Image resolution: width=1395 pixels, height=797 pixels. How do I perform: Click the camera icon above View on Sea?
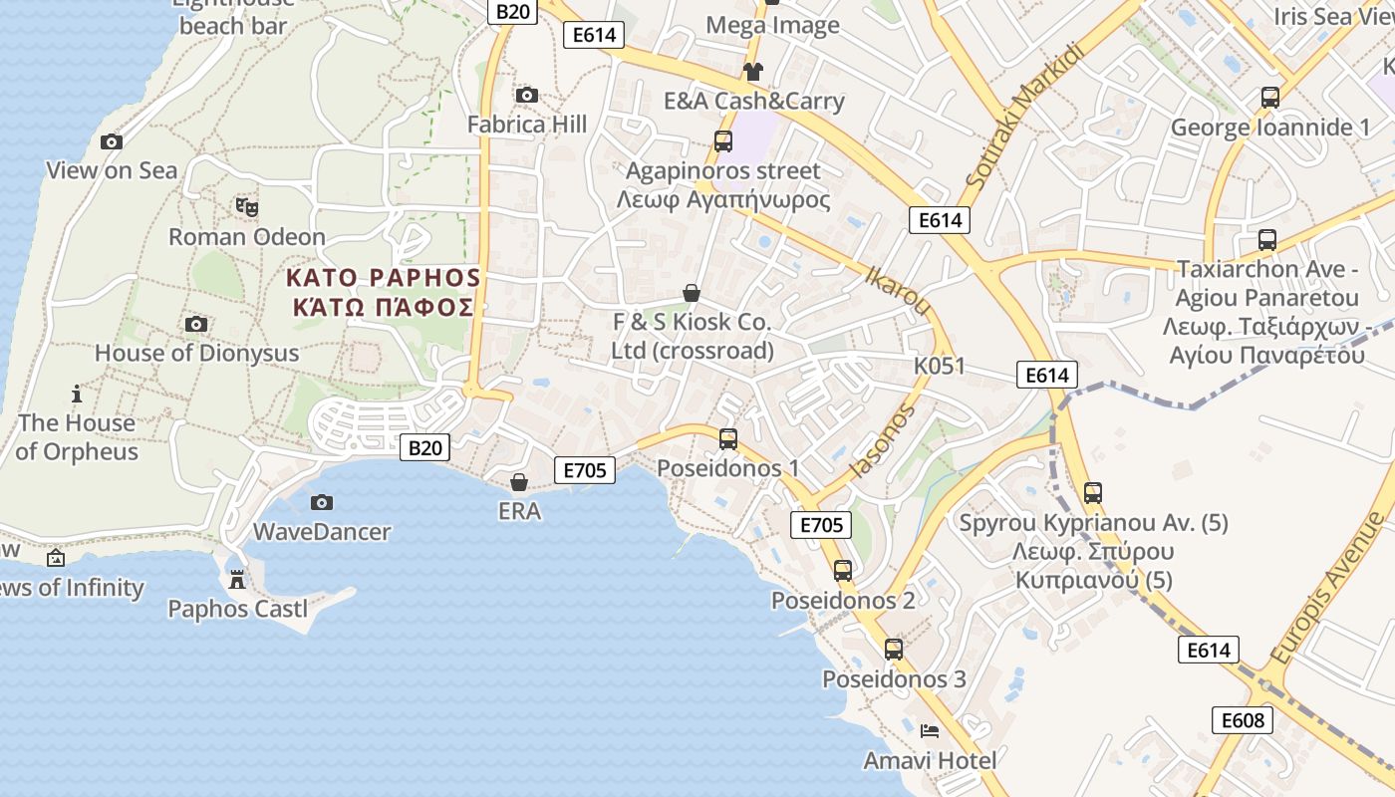coord(112,142)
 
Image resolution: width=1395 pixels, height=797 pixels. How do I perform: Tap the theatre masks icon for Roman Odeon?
coord(247,207)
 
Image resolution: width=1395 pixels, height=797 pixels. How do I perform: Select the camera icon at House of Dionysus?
coord(196,325)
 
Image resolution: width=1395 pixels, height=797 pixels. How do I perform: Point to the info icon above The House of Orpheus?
coord(76,394)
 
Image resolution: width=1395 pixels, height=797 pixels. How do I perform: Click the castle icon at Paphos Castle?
coord(237,579)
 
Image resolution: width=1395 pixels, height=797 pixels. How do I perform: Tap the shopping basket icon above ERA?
coord(519,483)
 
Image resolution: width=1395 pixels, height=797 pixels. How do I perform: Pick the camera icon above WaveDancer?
coord(321,503)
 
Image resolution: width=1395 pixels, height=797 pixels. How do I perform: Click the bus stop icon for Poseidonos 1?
coord(728,439)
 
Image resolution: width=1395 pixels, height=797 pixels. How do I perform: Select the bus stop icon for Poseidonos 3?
coord(894,650)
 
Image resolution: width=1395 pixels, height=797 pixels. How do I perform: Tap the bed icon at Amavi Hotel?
coord(929,731)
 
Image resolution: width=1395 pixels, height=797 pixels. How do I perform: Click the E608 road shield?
coord(1243,720)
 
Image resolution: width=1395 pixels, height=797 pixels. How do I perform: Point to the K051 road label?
coord(940,366)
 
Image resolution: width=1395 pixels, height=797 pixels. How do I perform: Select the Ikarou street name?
coord(898,290)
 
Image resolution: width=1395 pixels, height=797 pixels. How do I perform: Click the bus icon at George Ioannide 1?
coord(1270,98)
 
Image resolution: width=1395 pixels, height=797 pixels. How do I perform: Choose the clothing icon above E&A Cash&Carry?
coord(753,72)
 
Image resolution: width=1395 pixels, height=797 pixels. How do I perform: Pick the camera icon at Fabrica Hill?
coord(527,96)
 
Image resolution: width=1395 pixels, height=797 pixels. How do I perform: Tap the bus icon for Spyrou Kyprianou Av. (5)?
coord(1093,493)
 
